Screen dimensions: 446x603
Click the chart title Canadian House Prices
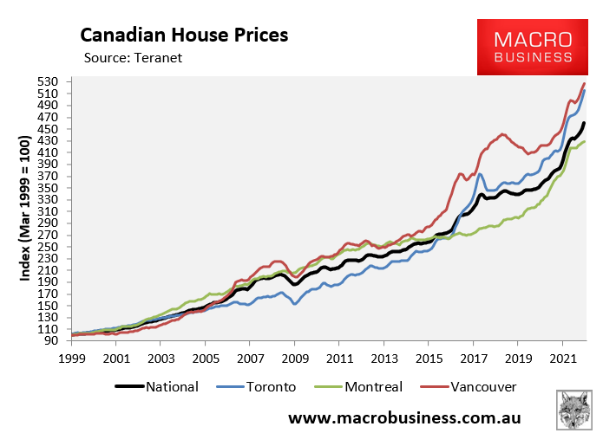point(184,36)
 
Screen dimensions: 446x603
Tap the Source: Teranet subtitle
point(134,58)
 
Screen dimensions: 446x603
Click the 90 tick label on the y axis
point(50,340)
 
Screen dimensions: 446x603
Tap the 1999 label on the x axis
point(73,357)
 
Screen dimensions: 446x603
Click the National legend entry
point(157,387)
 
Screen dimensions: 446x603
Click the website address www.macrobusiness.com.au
point(404,417)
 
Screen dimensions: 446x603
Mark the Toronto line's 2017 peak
point(480,174)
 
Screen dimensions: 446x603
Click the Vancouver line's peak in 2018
point(503,134)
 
